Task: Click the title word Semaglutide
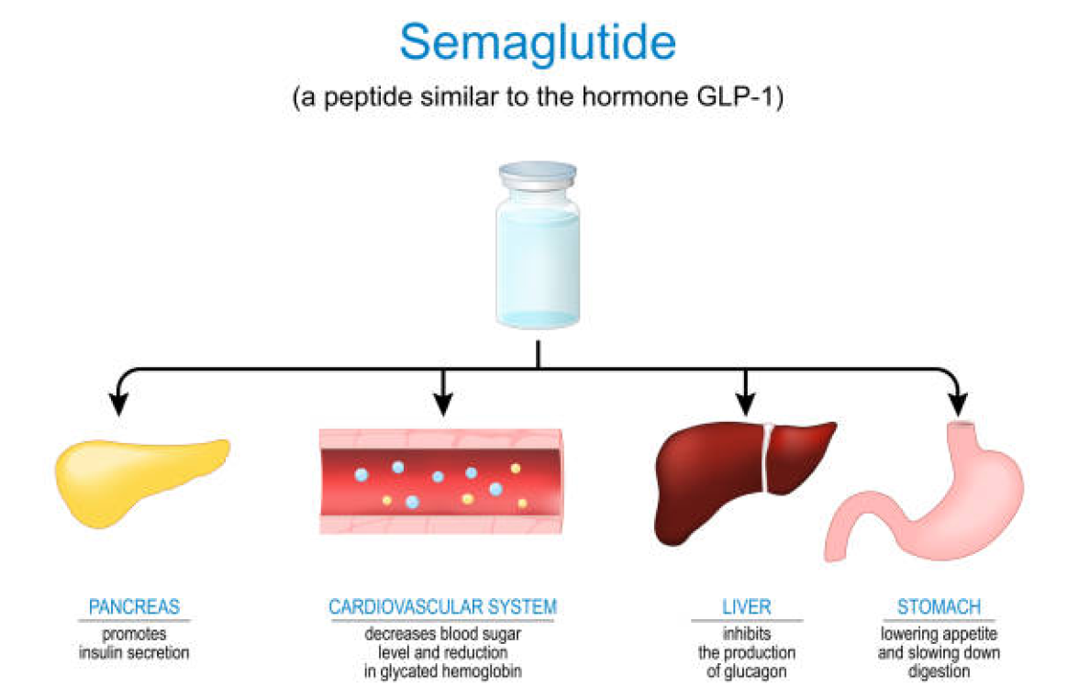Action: tap(538, 42)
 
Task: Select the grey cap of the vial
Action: tap(538, 174)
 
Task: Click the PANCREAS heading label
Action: tap(134, 607)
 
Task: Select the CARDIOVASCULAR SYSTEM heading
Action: tap(442, 607)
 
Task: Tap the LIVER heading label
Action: tap(745, 607)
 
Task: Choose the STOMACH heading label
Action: tap(939, 607)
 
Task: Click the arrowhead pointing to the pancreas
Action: tap(118, 404)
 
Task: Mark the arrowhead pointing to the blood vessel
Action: tap(443, 404)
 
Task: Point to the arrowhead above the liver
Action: tap(745, 404)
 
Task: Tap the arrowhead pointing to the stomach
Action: tap(957, 404)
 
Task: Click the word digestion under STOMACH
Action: tap(939, 671)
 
